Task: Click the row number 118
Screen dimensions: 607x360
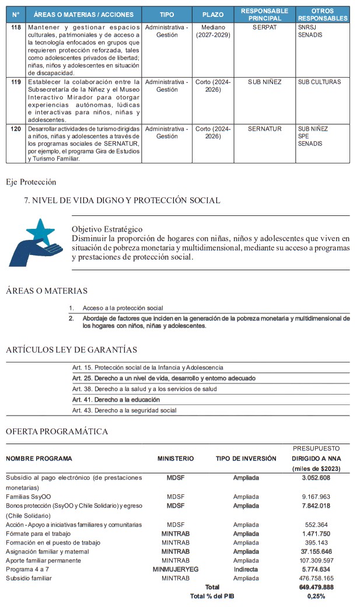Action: click(16, 27)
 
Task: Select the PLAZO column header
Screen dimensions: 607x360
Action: click(213, 14)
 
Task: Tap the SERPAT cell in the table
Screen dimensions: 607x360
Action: click(264, 27)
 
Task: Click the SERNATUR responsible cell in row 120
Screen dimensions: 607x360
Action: click(264, 128)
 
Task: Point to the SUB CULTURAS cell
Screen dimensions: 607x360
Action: click(319, 82)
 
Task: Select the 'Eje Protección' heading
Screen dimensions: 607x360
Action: click(31, 182)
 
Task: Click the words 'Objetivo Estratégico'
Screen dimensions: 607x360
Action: click(107, 229)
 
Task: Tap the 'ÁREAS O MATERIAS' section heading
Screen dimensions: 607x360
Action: click(47, 291)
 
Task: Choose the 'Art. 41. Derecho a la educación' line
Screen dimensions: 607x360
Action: click(116, 400)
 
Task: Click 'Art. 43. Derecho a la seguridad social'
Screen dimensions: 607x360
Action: click(124, 410)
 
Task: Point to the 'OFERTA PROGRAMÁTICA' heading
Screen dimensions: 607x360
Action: click(57, 431)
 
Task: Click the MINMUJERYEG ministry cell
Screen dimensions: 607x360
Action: click(176, 569)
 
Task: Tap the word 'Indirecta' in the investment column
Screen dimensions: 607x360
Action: click(246, 569)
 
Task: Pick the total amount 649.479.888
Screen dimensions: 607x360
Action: click(312, 587)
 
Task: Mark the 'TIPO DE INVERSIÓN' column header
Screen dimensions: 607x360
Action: click(246, 459)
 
